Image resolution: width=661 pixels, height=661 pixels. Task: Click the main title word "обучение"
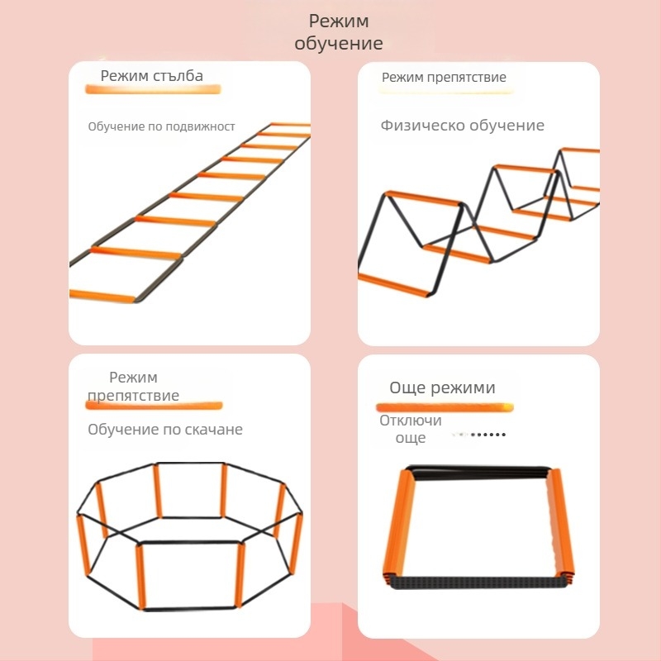(x=339, y=43)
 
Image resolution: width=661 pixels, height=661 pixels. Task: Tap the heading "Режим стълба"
(x=152, y=76)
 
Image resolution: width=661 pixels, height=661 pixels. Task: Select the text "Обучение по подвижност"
(x=161, y=126)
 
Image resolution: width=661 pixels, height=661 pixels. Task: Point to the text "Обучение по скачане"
(x=165, y=430)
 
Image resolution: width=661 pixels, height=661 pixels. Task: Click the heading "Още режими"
(x=442, y=388)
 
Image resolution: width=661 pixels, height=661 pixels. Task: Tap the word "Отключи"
(x=411, y=421)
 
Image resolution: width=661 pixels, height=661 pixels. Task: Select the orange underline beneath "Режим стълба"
(x=153, y=89)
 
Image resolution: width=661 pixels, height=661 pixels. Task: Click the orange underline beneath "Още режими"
(x=445, y=407)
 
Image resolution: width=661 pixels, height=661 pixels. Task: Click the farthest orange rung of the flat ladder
(x=290, y=125)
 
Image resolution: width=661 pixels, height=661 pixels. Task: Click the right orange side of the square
(x=560, y=524)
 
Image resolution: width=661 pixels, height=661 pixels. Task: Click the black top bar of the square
(x=479, y=472)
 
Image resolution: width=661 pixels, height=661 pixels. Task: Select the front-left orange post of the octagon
(x=140, y=576)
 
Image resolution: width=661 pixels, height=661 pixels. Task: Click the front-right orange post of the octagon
(x=240, y=574)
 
